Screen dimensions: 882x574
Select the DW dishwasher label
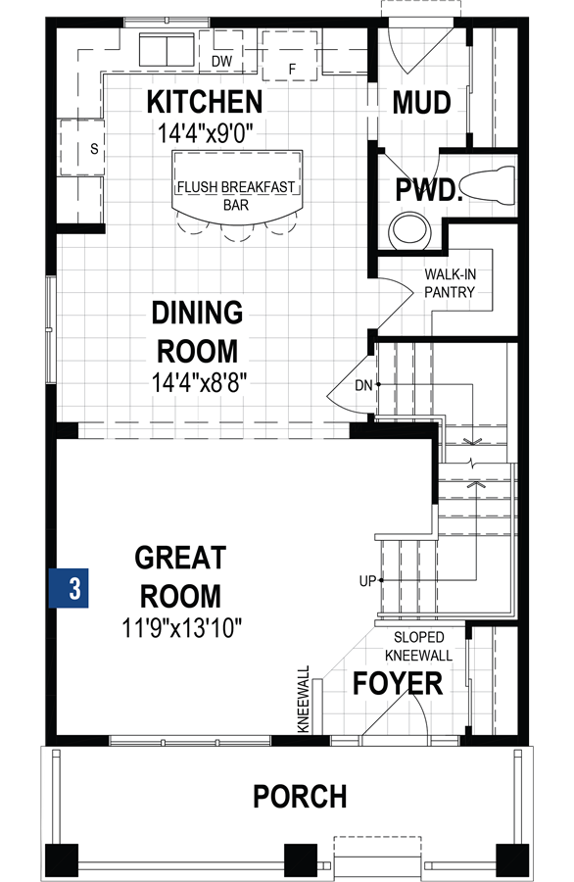[221, 61]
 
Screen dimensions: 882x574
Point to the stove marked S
[81, 150]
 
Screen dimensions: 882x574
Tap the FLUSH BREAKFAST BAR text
[236, 196]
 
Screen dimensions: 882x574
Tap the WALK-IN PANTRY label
[450, 284]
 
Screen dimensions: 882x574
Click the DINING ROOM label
[197, 331]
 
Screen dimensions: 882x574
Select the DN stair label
[363, 385]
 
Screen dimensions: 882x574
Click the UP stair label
[367, 581]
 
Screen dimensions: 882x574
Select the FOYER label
[397, 683]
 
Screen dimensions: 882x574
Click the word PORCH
[300, 797]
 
